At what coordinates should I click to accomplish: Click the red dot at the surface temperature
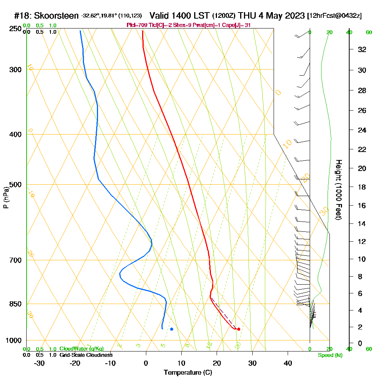click(x=238, y=329)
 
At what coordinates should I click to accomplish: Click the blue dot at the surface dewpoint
click(x=172, y=329)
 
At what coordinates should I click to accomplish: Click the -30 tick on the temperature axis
click(x=40, y=363)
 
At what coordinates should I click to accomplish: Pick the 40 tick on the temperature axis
click(x=288, y=363)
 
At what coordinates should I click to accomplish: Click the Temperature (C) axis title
click(x=188, y=372)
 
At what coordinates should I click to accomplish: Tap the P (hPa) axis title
click(x=6, y=198)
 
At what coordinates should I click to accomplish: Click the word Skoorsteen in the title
click(x=56, y=16)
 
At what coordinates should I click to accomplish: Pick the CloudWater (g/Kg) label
click(x=81, y=349)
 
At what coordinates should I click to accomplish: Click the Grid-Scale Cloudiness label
click(x=86, y=355)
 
